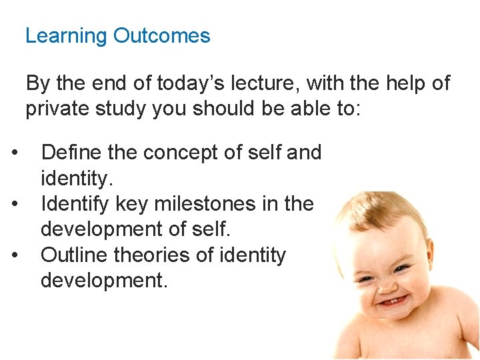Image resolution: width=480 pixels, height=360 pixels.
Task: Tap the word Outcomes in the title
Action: pyautogui.click(x=162, y=35)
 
